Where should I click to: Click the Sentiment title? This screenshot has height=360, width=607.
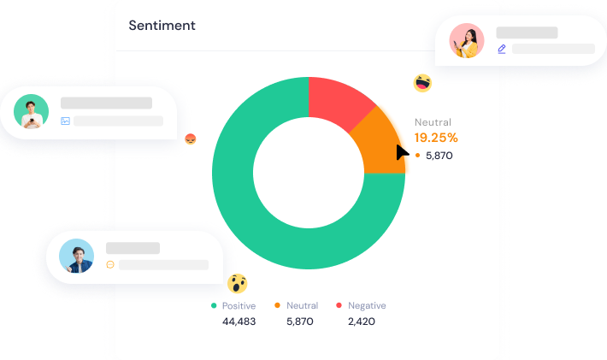pyautogui.click(x=162, y=26)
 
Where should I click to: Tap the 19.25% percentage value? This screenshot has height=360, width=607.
pyautogui.click(x=436, y=138)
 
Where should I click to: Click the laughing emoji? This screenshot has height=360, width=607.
pyautogui.click(x=422, y=83)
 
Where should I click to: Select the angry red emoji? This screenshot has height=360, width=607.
pyautogui.click(x=191, y=139)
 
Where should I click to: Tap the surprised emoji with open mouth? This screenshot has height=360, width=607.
pyautogui.click(x=237, y=284)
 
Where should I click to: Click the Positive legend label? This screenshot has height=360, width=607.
pyautogui.click(x=239, y=305)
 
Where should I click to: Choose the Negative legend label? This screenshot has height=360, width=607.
pyautogui.click(x=367, y=305)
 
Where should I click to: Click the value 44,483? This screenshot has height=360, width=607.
pyautogui.click(x=239, y=322)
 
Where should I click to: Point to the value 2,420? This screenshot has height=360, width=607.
pyautogui.click(x=361, y=322)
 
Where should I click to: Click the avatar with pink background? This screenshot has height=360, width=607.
pyautogui.click(x=467, y=40)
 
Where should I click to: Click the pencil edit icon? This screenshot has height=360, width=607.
pyautogui.click(x=502, y=49)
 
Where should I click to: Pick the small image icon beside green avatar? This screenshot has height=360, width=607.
pyautogui.click(x=65, y=121)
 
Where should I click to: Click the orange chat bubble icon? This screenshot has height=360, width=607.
pyautogui.click(x=110, y=265)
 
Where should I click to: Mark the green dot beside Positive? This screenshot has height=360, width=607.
pyautogui.click(x=215, y=305)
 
